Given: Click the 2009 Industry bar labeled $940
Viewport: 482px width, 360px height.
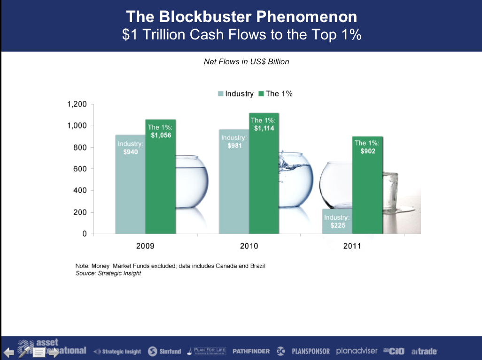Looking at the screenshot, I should pos(130,188).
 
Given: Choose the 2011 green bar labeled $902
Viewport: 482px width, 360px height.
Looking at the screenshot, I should pos(367,188).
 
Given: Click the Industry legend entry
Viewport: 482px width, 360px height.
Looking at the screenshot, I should pos(235,93).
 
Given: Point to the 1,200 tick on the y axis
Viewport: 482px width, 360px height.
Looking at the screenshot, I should pos(77,104).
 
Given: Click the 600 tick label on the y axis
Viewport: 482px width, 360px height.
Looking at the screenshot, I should pos(81,169).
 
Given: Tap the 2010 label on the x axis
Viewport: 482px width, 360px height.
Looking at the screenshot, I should pos(249,245).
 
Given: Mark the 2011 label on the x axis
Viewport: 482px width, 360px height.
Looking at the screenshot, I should pos(352,245).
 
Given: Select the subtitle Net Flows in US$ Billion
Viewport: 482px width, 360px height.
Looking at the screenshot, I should pos(246,61).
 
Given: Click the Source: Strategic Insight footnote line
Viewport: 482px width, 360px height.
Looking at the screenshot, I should pos(108,273).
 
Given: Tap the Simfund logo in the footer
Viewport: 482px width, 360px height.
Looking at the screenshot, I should pos(164,351).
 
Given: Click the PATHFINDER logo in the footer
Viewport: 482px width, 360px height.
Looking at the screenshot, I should pos(251,351).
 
